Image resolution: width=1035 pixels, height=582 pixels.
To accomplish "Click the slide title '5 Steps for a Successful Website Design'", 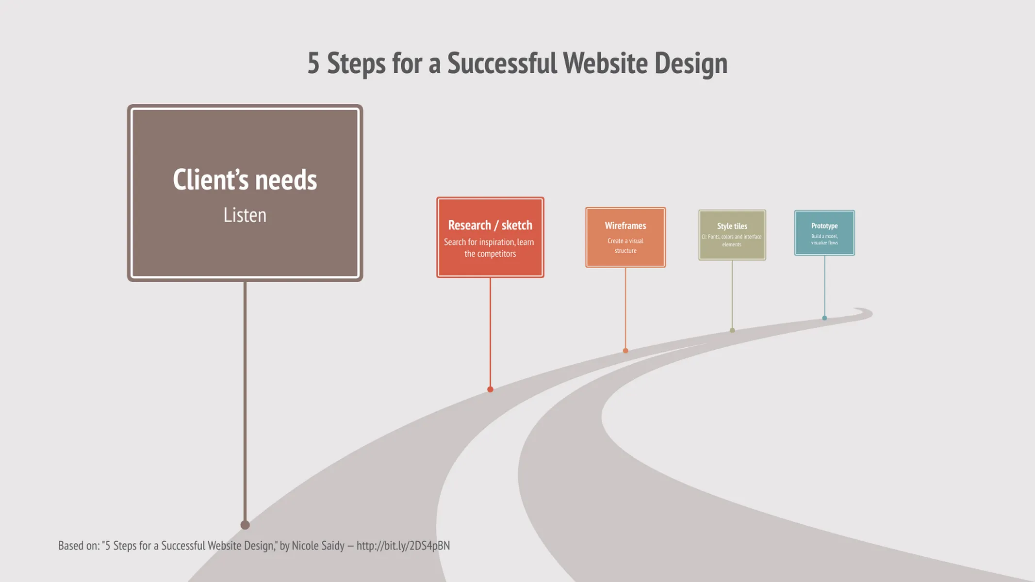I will point(517,64).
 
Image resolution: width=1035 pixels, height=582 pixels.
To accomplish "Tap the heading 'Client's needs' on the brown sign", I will point(245,180).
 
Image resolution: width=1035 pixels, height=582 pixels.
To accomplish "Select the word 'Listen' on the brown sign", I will point(245,215).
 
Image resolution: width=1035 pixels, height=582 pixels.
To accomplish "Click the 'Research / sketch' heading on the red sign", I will point(490,226).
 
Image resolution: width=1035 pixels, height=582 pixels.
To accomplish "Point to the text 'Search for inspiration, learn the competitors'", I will point(490,248).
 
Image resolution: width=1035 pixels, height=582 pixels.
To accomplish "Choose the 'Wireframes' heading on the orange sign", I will point(625,226).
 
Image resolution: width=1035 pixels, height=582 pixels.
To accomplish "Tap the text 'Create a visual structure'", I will point(625,245).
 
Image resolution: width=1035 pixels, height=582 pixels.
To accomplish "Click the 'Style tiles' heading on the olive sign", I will point(732,226).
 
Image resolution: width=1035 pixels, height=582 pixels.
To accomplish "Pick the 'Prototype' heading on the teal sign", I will point(824,226).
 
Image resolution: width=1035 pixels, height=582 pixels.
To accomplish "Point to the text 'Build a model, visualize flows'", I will point(824,240).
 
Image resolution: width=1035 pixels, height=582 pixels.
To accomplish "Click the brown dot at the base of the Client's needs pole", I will point(245,525).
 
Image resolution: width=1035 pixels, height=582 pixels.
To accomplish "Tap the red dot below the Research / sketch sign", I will point(490,389).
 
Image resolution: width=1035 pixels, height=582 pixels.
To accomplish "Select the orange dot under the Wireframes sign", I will point(625,351).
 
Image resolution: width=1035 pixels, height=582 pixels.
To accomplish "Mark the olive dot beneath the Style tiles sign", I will point(732,330).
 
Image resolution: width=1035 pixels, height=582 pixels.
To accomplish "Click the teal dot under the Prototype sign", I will point(824,318).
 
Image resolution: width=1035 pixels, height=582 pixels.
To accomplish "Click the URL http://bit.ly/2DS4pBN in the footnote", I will point(403,546).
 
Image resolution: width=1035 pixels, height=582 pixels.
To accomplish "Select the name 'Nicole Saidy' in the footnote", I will point(318,546).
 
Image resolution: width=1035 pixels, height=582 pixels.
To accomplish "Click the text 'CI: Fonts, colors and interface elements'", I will point(732,241).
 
